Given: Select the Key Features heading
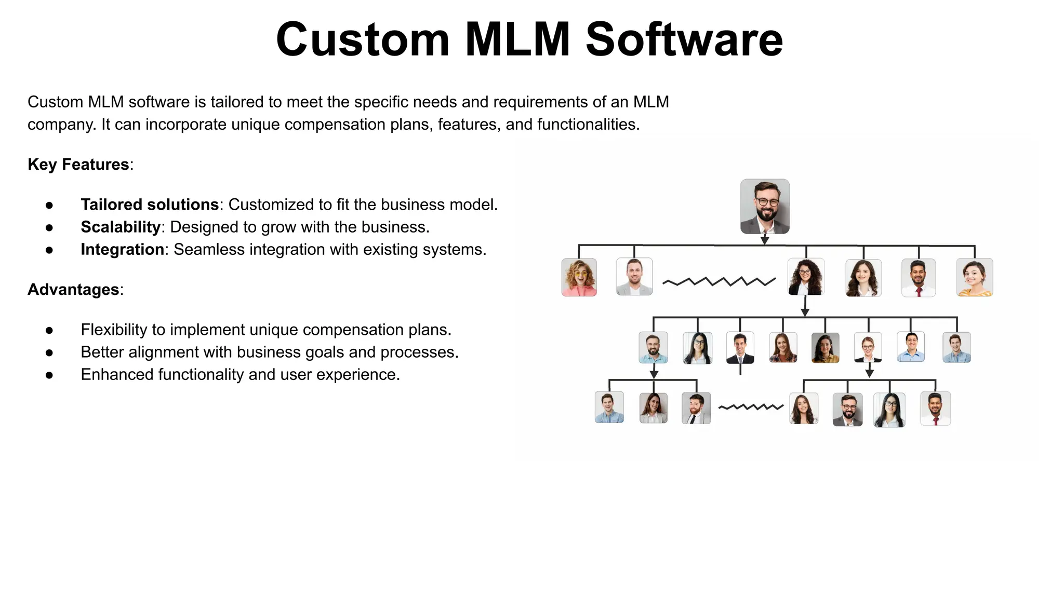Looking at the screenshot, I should tap(78, 165).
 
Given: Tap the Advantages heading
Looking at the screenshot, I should tap(73, 290).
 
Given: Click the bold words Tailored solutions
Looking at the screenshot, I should tap(150, 205).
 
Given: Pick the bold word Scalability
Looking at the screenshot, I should tap(120, 227).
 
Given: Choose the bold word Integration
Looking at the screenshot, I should tap(122, 250).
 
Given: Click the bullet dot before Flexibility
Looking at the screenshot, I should tap(49, 330).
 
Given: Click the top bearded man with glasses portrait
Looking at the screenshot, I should tap(765, 206).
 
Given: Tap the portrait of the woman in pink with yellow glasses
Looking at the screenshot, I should tap(579, 277).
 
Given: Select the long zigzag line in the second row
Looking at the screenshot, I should tap(719, 281).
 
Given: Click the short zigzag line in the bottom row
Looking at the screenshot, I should tap(751, 407).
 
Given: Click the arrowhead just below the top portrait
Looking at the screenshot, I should tap(765, 240).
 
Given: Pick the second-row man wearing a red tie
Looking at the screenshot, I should tap(919, 278).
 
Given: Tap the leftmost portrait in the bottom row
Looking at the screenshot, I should tap(609, 407).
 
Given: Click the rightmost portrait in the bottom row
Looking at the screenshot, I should tap(935, 409).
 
